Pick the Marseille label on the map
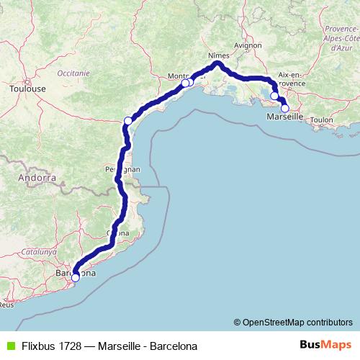point(285,116)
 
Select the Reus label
point(6,305)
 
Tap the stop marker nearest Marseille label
point(285,108)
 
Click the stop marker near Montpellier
point(186,83)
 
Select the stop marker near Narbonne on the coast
point(128,120)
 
